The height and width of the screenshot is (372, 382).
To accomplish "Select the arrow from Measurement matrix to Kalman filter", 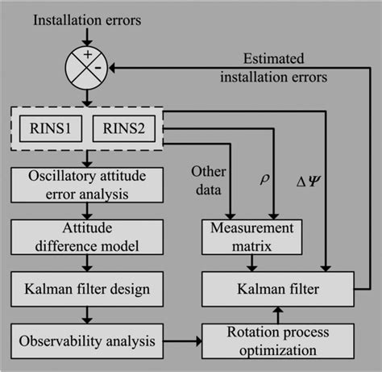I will [253, 261].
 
